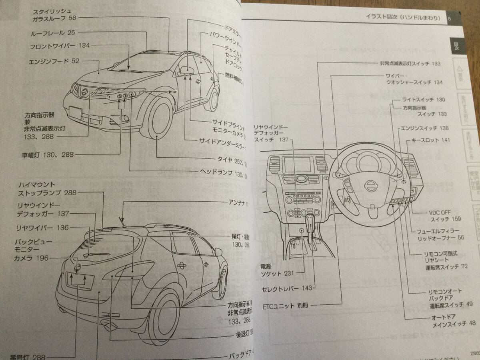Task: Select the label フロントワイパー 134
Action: [x=60, y=46]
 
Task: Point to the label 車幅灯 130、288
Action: [x=48, y=154]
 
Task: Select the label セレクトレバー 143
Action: [x=281, y=288]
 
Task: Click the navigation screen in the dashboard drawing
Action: [x=298, y=165]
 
